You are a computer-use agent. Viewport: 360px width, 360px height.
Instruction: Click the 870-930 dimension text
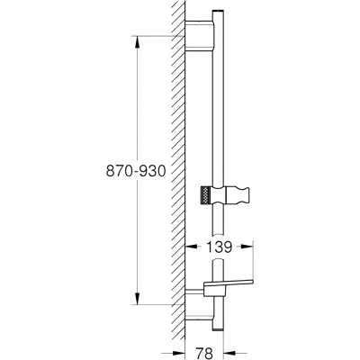click(x=136, y=171)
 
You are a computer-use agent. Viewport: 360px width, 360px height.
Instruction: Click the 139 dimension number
click(x=220, y=247)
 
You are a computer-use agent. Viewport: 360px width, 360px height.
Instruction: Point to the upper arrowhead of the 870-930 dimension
click(x=137, y=42)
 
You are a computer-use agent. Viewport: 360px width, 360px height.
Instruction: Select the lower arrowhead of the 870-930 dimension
click(x=137, y=298)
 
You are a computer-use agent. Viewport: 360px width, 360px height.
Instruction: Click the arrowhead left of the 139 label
click(x=191, y=247)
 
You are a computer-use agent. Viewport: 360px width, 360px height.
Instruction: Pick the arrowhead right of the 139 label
click(x=247, y=247)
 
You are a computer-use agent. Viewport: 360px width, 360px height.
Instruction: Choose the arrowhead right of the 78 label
click(x=229, y=353)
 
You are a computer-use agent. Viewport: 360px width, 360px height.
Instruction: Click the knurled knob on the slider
click(x=205, y=195)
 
